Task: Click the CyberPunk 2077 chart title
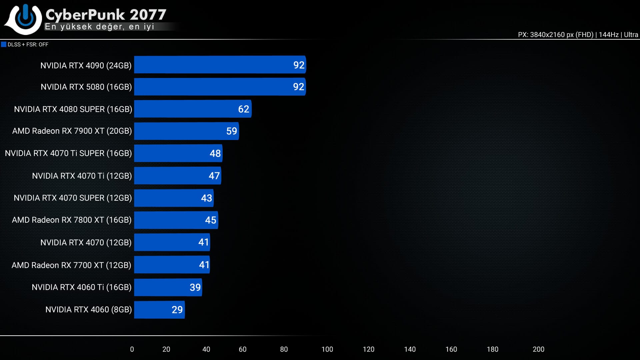tap(106, 14)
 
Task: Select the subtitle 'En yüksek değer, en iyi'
tap(99, 27)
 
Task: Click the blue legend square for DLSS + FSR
tap(4, 44)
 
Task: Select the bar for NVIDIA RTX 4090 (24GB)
tap(220, 65)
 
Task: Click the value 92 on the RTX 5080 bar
tap(298, 87)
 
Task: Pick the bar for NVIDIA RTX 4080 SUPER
tap(193, 109)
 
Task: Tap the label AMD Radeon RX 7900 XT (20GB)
tap(72, 131)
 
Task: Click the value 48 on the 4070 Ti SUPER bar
tap(215, 153)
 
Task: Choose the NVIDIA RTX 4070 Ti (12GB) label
tap(82, 176)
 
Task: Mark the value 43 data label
tap(206, 198)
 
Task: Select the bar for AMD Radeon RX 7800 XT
tap(176, 220)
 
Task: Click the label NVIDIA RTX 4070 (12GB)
tap(86, 242)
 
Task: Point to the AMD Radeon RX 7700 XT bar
tap(172, 265)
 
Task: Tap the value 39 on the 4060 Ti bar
tap(195, 287)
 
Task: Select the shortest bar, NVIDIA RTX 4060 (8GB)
tap(159, 310)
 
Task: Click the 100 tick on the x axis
tap(327, 349)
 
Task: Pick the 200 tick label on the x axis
tap(538, 349)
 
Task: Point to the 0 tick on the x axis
tap(132, 349)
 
